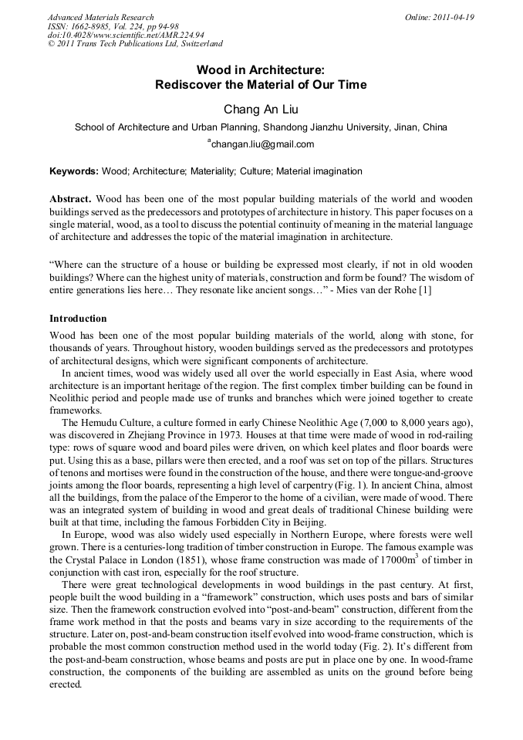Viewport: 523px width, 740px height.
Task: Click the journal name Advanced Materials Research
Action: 100,17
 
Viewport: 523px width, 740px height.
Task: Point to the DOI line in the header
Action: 126,35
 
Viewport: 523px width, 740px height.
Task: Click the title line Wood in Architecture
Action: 261,69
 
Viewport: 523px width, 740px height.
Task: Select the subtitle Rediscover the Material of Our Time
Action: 261,85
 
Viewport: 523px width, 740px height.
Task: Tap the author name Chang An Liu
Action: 261,110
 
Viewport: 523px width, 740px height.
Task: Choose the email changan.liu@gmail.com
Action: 262,144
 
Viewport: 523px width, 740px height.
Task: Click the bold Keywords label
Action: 74,171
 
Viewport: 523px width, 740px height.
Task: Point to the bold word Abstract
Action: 71,198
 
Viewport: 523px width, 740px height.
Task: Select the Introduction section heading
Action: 79,318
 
